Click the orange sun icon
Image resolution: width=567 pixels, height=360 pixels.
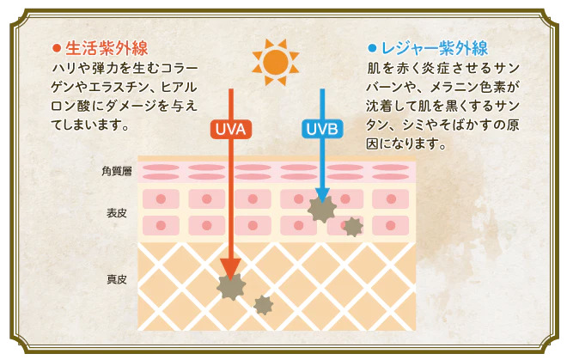tap(276, 62)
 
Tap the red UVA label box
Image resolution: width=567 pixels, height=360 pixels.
tap(230, 129)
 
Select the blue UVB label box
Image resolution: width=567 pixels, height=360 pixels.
tap(322, 129)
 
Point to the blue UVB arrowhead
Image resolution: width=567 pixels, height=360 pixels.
tap(322, 194)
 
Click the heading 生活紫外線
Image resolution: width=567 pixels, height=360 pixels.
tap(107, 48)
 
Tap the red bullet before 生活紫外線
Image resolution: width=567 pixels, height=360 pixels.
tap(57, 48)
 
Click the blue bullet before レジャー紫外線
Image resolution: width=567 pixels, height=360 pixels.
tap(372, 48)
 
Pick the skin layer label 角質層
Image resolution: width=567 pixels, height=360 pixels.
tap(117, 171)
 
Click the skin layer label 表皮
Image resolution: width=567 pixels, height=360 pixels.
tap(117, 213)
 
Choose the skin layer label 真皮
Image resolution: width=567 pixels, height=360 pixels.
tap(117, 279)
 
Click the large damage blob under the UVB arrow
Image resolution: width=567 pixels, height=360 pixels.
tap(322, 209)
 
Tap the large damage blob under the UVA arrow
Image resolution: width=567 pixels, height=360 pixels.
tap(231, 287)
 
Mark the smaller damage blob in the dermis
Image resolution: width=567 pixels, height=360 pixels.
tap(263, 305)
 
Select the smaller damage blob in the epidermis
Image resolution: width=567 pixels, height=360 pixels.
tap(353, 227)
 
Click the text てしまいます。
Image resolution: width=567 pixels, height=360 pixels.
tap(89, 125)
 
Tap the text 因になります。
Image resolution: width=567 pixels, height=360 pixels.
tap(405, 143)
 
